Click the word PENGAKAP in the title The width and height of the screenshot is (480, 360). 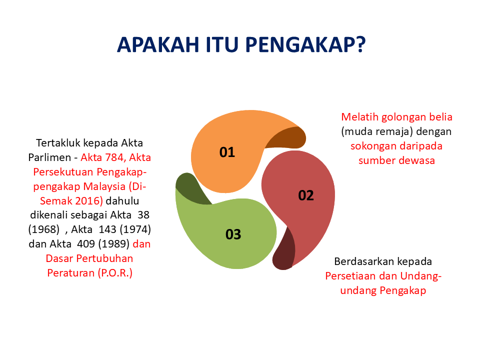pyautogui.click(x=305, y=44)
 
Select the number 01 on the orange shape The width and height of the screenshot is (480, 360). pyautogui.click(x=227, y=152)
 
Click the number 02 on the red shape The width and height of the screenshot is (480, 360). pyautogui.click(x=305, y=195)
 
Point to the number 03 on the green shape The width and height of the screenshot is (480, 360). pyautogui.click(x=233, y=234)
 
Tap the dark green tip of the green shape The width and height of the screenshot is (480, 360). pyautogui.click(x=190, y=189)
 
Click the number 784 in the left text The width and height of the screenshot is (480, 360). pyautogui.click(x=112, y=157)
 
